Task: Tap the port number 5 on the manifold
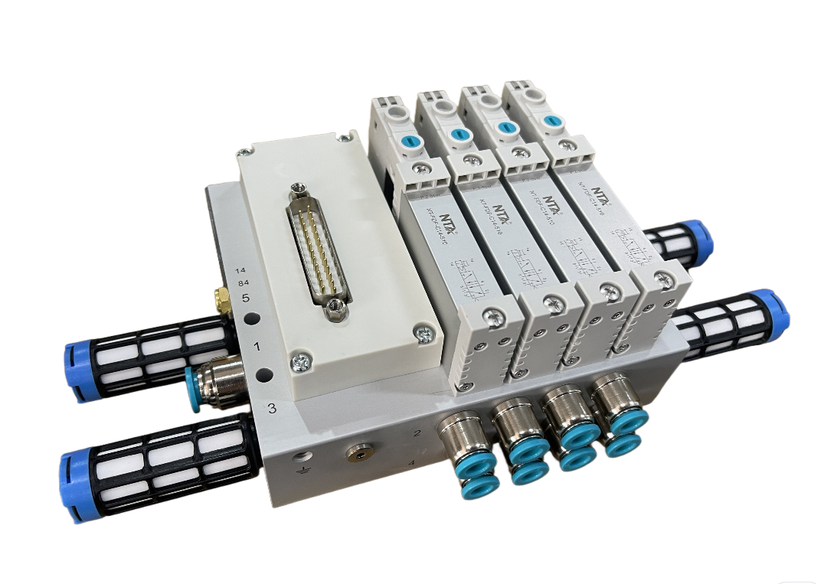(x=245, y=299)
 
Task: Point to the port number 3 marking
(x=271, y=408)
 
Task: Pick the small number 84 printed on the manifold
(x=242, y=283)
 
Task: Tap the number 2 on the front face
(x=417, y=434)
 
